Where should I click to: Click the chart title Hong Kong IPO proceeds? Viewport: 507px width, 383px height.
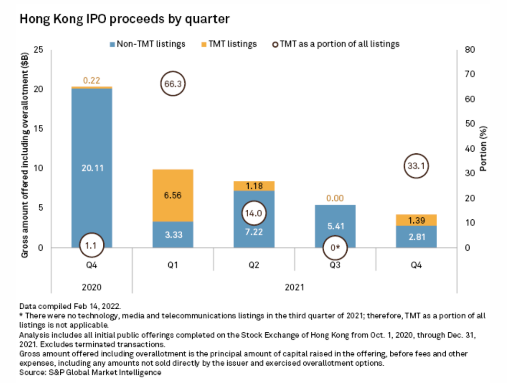tap(124, 20)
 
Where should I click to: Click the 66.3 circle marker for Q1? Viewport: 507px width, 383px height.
tap(173, 84)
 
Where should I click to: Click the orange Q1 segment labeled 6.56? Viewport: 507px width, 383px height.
tap(173, 195)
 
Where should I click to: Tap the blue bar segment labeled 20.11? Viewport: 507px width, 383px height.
tap(92, 168)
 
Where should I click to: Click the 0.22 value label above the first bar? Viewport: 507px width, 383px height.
tap(92, 81)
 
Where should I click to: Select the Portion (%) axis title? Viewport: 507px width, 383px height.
tap(484, 149)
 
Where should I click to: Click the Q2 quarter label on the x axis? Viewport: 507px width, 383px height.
tap(253, 264)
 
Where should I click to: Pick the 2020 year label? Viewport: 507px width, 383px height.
tap(92, 287)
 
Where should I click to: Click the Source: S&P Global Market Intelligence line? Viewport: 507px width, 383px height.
tap(90, 372)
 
